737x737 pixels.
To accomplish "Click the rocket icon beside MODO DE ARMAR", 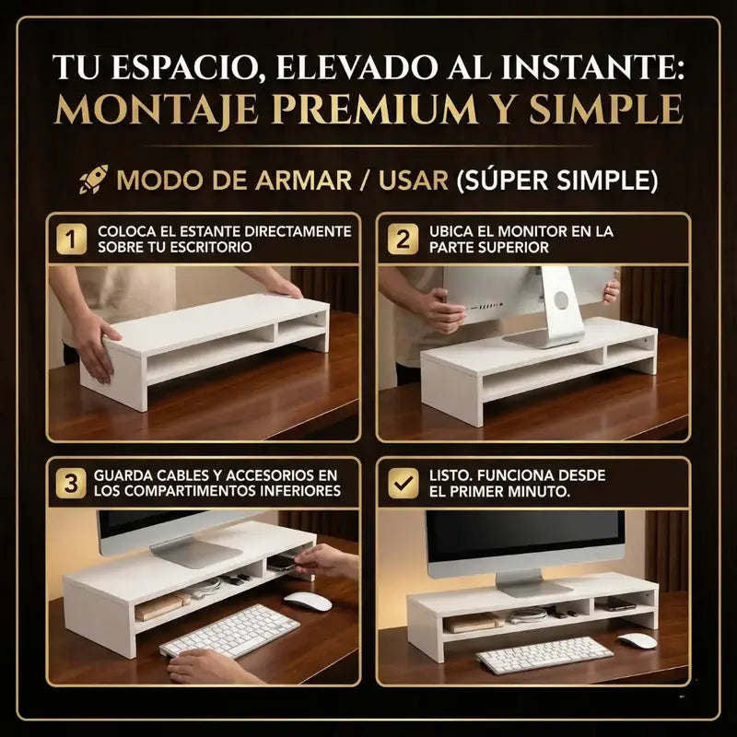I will [x=93, y=178].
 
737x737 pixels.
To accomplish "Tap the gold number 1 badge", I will [x=71, y=240].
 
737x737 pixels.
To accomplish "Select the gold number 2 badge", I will [x=403, y=240].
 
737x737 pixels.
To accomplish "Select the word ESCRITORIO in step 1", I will [x=215, y=248].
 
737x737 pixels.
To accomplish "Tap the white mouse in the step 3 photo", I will [x=307, y=601].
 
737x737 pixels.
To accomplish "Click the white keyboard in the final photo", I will [x=544, y=654].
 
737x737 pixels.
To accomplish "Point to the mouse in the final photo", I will [x=637, y=640].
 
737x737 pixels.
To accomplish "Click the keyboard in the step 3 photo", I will [x=229, y=631].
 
